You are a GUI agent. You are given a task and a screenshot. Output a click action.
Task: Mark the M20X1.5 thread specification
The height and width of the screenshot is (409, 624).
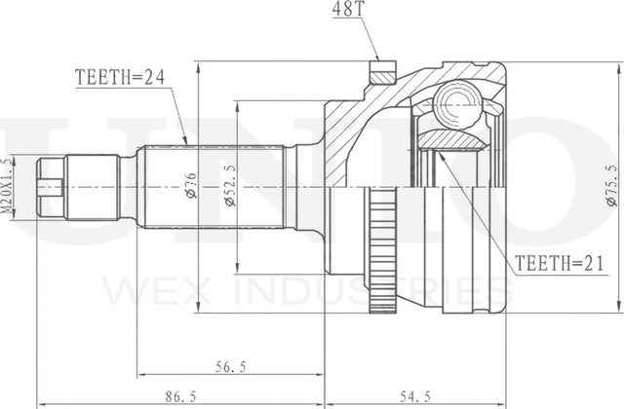point(8,185)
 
